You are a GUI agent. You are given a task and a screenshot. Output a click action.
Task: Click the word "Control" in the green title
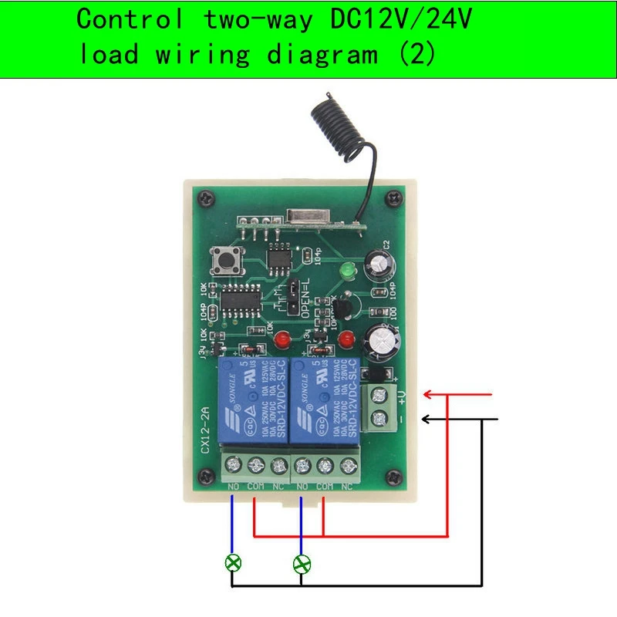tap(130, 20)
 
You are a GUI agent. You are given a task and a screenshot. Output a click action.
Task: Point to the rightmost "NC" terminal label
tap(347, 487)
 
